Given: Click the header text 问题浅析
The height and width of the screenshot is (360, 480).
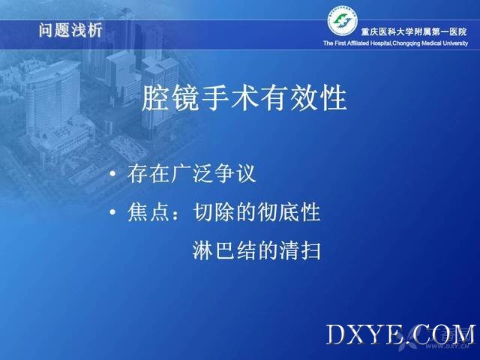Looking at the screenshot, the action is (70, 30).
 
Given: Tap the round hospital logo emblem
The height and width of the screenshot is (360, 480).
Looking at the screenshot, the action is (343, 21).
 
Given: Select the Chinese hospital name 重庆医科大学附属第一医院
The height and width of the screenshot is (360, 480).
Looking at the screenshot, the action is (414, 31).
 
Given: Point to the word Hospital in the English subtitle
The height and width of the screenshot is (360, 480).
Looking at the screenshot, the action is (380, 43).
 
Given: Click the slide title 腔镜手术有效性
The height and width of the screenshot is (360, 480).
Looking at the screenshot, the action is (244, 98).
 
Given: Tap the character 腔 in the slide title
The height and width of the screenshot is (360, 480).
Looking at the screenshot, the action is (155, 98).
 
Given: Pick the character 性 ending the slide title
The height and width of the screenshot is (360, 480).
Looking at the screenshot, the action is (334, 98).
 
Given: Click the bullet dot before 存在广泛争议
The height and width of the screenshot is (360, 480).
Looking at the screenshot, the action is (113, 174).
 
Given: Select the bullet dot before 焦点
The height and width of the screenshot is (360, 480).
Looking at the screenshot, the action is (113, 212).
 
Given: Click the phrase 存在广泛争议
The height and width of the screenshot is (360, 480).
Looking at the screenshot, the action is (192, 173).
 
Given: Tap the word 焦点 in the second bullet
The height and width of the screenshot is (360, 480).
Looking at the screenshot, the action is (148, 211).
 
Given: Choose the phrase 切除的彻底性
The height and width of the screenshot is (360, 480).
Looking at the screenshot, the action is (256, 211).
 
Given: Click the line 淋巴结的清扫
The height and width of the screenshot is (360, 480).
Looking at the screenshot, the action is (256, 250).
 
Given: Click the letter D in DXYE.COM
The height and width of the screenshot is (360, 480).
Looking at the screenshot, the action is (337, 334).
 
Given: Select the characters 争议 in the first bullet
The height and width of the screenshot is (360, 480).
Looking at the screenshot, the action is (235, 173).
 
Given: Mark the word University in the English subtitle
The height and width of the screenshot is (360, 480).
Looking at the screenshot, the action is (455, 43).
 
